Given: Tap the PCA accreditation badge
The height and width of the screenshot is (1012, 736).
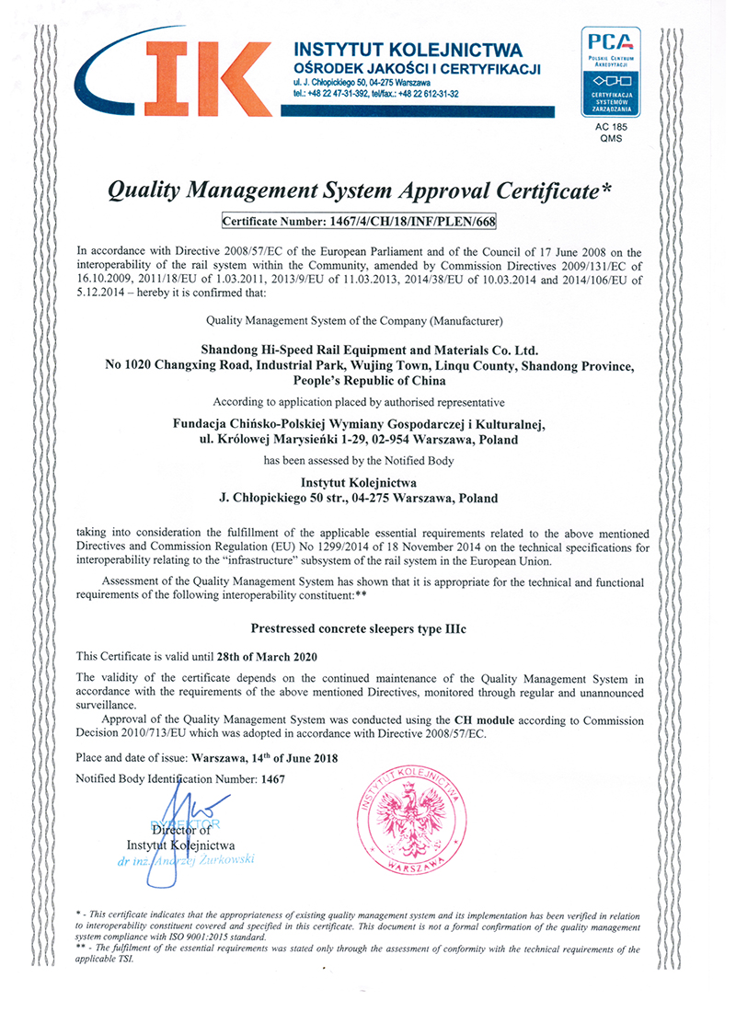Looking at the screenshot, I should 610,72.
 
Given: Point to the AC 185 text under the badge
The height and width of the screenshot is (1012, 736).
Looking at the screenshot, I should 610,128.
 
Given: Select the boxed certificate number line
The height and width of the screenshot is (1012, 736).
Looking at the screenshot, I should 365,221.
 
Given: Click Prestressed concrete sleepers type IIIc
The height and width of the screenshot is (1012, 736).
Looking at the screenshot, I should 367,632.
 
